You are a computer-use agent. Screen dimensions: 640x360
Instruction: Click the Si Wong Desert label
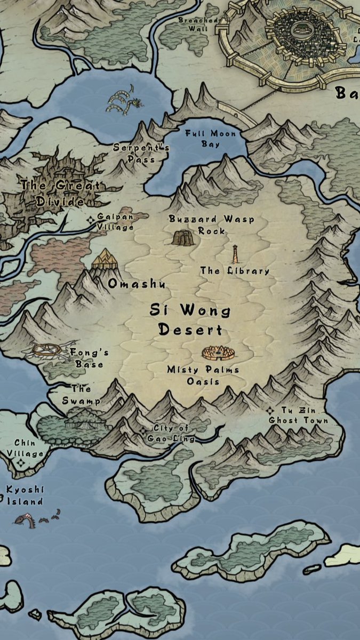[x=190, y=319]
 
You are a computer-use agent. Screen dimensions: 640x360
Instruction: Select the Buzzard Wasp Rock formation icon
[x=183, y=237]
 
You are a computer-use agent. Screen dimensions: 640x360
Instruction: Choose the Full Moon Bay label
[x=210, y=139]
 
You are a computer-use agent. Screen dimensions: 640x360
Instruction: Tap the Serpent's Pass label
[x=134, y=153]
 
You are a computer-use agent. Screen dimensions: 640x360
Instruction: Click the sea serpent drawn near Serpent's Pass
[x=124, y=101]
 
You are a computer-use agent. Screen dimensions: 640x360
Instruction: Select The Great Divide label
[x=60, y=194]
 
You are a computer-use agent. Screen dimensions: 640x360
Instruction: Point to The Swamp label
[x=81, y=395]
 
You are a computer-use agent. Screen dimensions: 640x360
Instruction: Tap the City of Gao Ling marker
[x=142, y=431]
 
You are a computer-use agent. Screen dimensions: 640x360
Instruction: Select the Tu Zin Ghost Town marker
[x=271, y=411]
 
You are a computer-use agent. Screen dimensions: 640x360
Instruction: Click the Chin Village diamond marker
[x=21, y=463]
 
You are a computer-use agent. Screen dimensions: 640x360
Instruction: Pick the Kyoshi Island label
[x=25, y=495]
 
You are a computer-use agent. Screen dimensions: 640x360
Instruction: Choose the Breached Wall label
[x=197, y=25]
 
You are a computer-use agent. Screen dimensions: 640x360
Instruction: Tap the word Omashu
[x=136, y=284]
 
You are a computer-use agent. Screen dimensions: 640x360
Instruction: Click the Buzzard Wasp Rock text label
[x=211, y=225]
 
